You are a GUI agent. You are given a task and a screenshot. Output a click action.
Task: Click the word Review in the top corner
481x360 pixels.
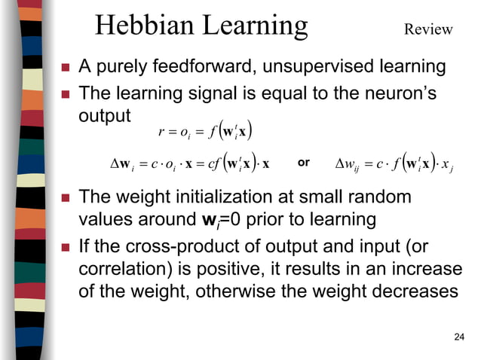(x=428, y=29)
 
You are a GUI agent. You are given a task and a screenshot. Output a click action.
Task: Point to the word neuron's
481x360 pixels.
(x=406, y=93)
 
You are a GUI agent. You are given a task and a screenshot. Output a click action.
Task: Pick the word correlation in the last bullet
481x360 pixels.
(x=120, y=269)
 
